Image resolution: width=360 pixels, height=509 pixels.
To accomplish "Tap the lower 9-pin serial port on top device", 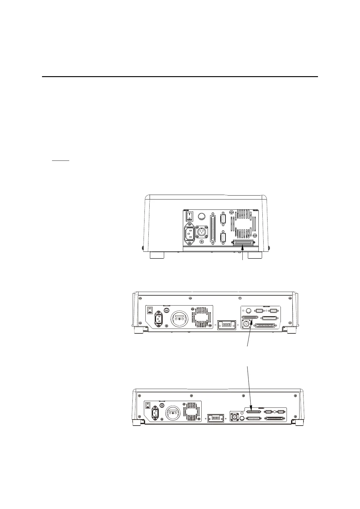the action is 223,238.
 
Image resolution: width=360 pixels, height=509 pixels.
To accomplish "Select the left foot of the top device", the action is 157,255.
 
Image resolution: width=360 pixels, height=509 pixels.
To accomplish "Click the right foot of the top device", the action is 255,255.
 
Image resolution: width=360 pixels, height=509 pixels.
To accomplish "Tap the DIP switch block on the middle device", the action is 226,324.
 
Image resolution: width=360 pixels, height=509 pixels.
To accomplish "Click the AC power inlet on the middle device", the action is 159,319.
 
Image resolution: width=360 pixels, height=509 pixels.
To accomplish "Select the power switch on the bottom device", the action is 148,405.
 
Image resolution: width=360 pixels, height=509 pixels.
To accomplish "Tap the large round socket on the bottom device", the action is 173,413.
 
